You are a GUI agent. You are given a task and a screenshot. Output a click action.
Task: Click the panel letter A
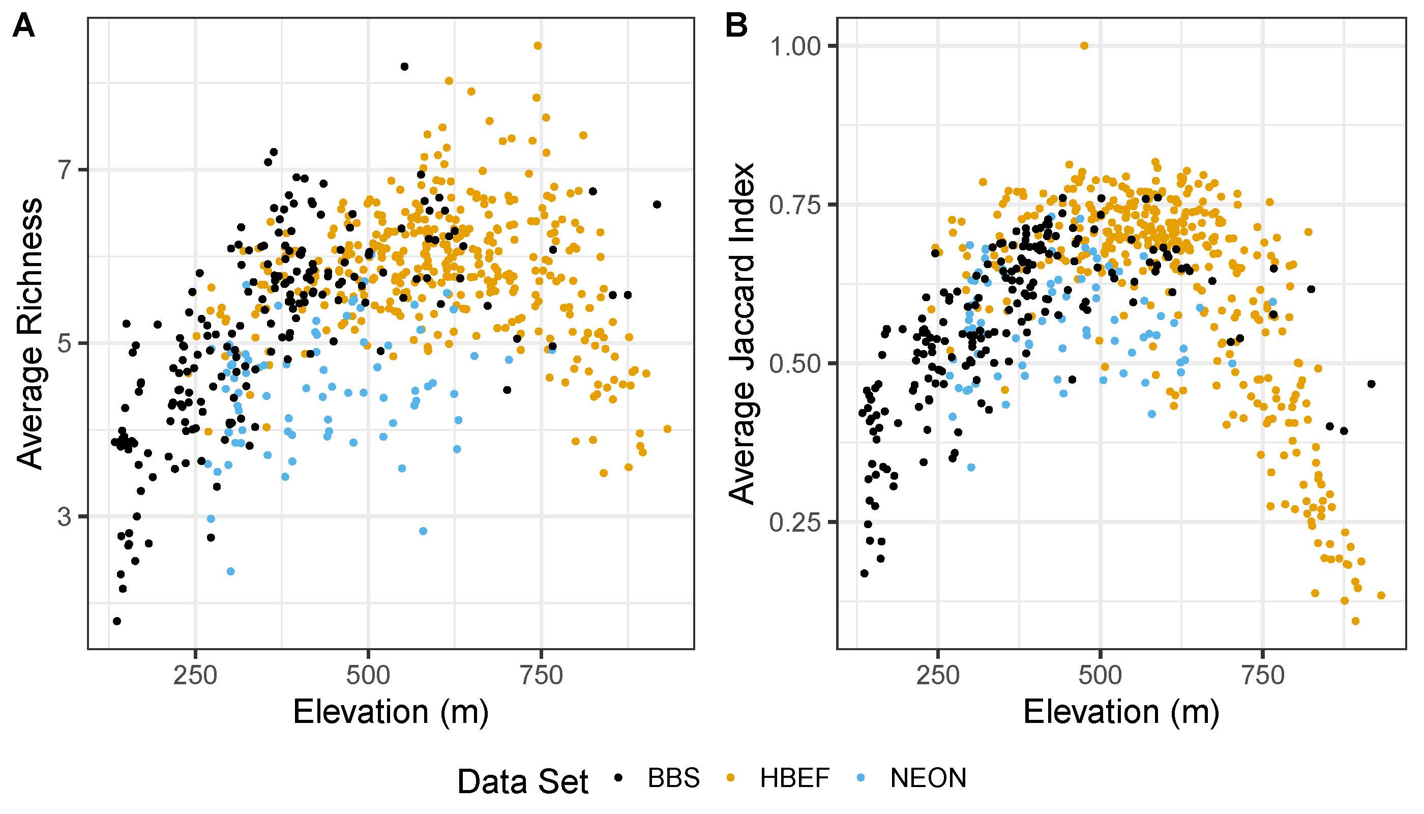coord(23,26)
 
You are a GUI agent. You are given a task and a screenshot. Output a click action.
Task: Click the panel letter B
coord(736,26)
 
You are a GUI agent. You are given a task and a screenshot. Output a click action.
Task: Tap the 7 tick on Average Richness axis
coord(66,169)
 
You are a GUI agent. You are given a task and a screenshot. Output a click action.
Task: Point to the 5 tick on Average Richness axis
coord(66,343)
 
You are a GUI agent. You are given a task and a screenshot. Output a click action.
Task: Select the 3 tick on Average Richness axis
coord(66,516)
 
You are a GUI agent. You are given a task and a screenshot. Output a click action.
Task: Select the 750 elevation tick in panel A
coord(541,675)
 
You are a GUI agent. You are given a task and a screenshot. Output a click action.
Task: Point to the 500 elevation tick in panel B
coord(1100,675)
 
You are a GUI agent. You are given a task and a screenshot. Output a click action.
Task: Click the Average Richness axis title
coord(29,333)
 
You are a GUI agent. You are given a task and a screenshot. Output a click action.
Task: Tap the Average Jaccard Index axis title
coord(742,333)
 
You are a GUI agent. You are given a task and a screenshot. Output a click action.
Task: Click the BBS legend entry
coord(673,778)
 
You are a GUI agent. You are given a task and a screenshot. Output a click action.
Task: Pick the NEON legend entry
coord(928,778)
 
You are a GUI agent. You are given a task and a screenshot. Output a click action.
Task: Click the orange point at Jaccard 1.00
coord(1084,46)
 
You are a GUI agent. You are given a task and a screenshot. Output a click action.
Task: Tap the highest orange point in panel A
coord(538,46)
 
